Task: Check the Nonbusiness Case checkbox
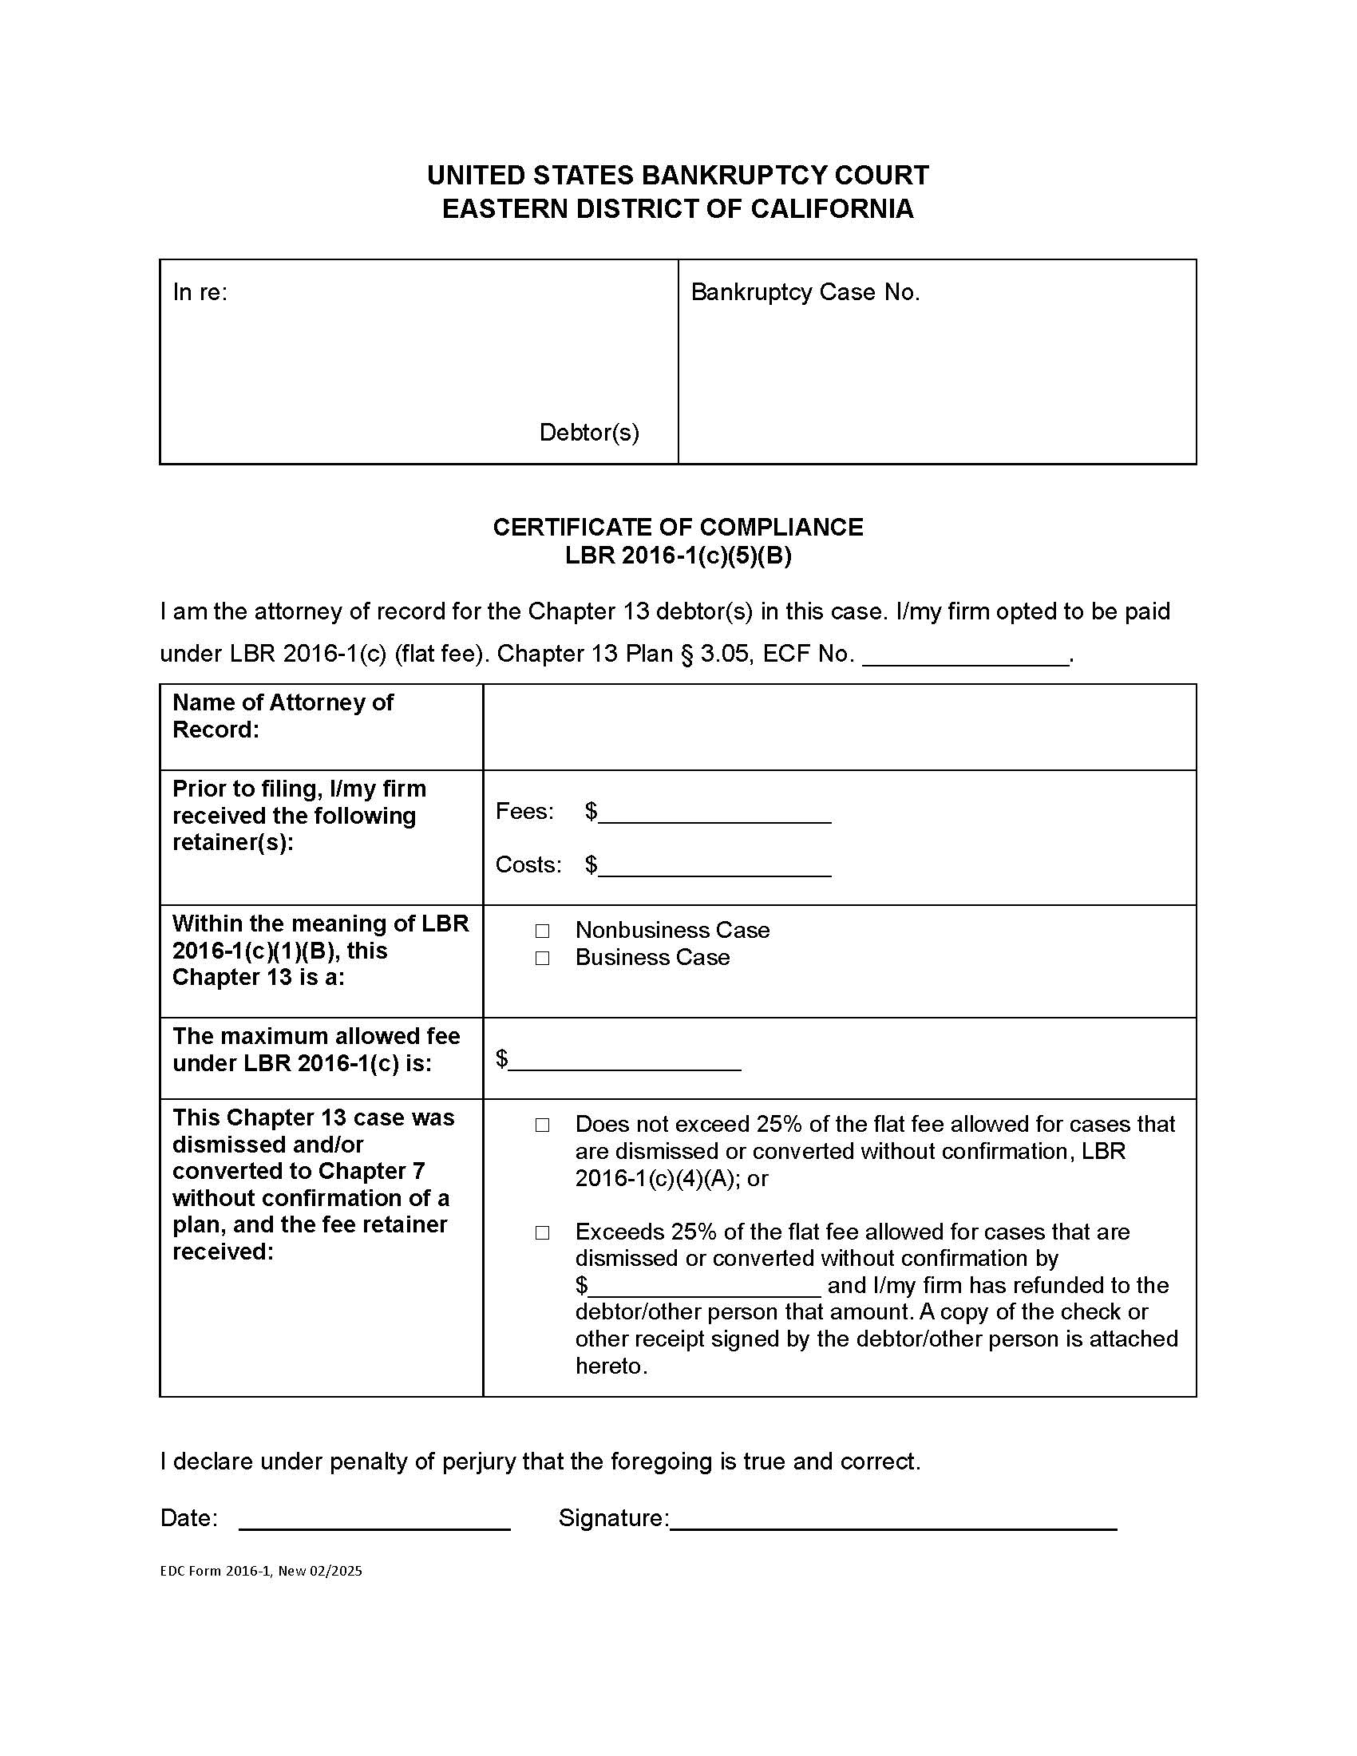pyautogui.click(x=542, y=930)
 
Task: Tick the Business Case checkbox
pyautogui.click(x=542, y=958)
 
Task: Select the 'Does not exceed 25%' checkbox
pyautogui.click(x=542, y=1125)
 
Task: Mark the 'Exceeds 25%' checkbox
pyautogui.click(x=542, y=1232)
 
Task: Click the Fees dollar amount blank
pyautogui.click(x=714, y=814)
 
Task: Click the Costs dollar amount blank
pyautogui.click(x=714, y=868)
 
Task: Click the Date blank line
pyautogui.click(x=374, y=1520)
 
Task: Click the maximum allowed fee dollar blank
pyautogui.click(x=625, y=1062)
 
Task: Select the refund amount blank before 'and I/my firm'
pyautogui.click(x=704, y=1287)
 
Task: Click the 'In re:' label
pyautogui.click(x=200, y=293)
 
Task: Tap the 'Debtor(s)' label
pyautogui.click(x=589, y=433)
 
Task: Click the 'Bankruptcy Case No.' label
pyautogui.click(x=805, y=293)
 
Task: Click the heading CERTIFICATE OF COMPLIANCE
pyautogui.click(x=678, y=528)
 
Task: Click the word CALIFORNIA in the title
pyautogui.click(x=832, y=209)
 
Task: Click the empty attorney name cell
pyautogui.click(x=838, y=727)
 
